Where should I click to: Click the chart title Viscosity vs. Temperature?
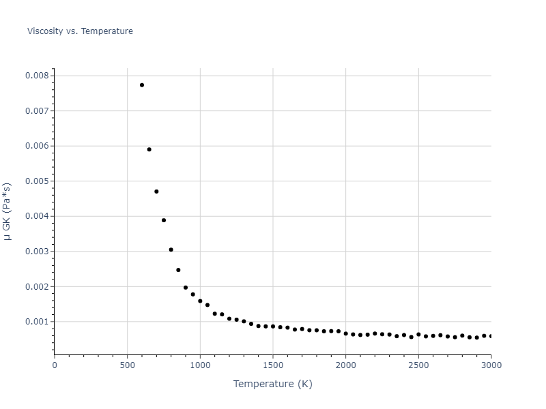tap(80, 31)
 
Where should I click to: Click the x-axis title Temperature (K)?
tap(272, 384)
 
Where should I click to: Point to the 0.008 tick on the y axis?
tap(37, 76)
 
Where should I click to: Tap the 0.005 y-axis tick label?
tap(37, 181)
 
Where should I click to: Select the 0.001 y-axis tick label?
tap(37, 322)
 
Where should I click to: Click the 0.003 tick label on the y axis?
tap(37, 252)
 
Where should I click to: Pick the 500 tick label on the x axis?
tap(127, 365)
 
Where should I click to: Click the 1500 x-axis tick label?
tap(273, 365)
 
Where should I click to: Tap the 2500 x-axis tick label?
tap(418, 365)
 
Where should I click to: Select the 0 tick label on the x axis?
tap(55, 365)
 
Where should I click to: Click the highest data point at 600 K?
tap(142, 85)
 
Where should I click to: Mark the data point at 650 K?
tap(149, 149)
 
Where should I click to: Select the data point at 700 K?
tap(156, 192)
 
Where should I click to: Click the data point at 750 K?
tap(164, 220)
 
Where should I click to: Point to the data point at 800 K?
tap(171, 249)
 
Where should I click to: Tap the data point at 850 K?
tap(178, 270)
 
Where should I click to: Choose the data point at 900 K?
tap(186, 288)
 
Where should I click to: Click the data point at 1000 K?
tap(200, 301)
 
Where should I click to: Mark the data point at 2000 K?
tap(345, 333)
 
